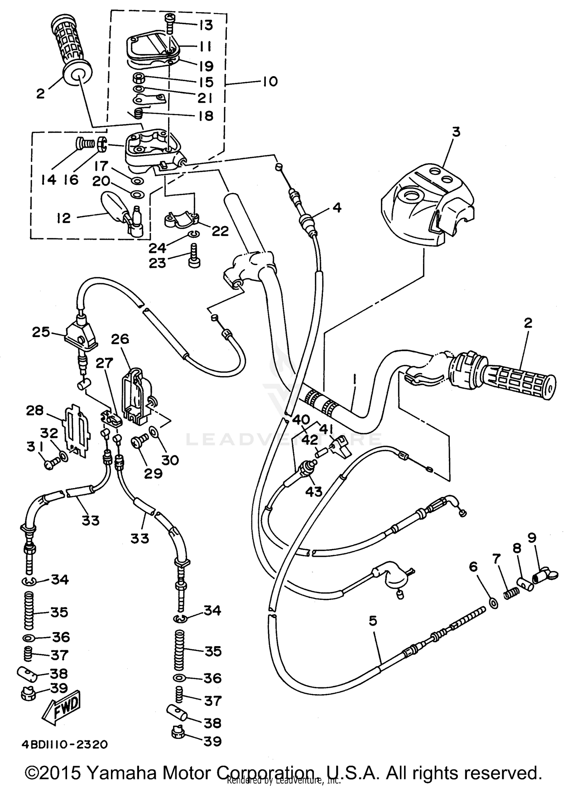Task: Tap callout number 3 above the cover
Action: click(x=456, y=132)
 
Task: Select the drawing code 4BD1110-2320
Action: click(x=64, y=744)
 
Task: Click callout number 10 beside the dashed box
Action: click(x=270, y=81)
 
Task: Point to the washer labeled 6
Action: click(x=493, y=602)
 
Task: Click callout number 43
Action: click(x=314, y=491)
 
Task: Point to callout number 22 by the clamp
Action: click(x=220, y=231)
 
